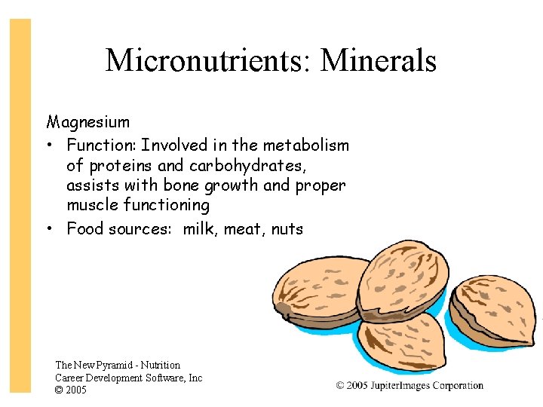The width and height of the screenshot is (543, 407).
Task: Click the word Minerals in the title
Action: [378, 60]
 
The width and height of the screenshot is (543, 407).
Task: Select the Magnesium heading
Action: [88, 122]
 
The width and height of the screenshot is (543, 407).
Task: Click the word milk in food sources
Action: [198, 228]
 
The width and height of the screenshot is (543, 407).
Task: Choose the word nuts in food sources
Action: [287, 228]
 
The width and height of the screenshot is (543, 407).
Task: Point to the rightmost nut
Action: [493, 309]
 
